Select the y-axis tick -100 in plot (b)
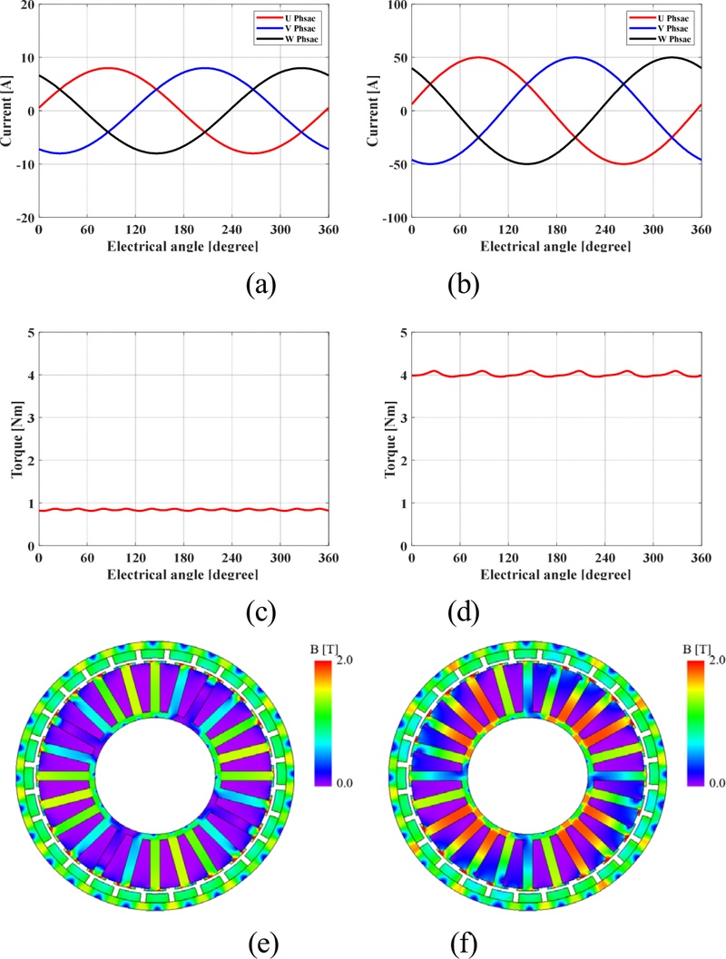coord(393,219)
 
